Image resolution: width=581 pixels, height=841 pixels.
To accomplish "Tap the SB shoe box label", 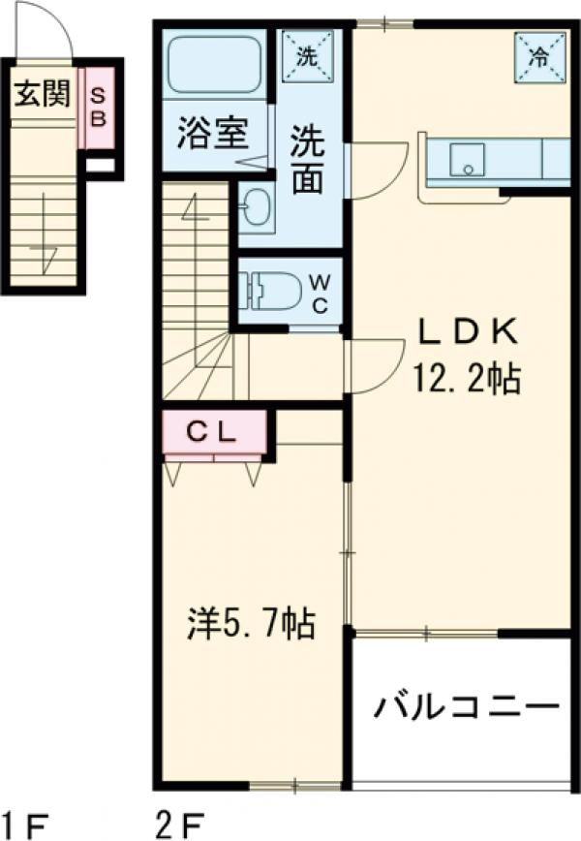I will tap(99, 107).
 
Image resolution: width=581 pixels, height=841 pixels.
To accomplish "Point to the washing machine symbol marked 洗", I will tap(307, 53).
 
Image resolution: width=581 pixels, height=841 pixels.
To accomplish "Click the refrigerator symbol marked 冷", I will tap(537, 55).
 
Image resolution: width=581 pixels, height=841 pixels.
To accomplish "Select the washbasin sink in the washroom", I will tap(258, 205).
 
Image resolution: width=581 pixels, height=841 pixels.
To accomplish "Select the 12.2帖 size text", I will tap(468, 379).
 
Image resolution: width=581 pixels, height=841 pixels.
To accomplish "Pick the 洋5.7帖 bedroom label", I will tap(249, 624).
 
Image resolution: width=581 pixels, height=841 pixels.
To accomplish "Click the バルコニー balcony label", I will tap(468, 705).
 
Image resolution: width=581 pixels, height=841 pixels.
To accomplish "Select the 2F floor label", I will tap(180, 825).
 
